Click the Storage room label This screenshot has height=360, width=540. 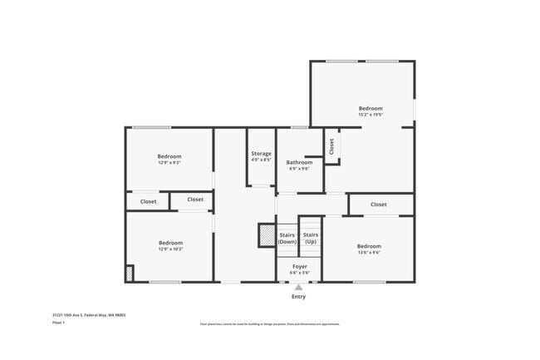[261, 154]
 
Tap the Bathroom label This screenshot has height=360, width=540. [299, 162]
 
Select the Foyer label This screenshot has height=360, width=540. [299, 266]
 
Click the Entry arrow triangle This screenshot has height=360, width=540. [298, 287]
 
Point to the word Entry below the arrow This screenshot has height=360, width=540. [298, 297]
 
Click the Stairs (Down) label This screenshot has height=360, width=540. [287, 238]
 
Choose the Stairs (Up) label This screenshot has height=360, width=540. [310, 238]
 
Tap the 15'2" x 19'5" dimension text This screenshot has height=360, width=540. [371, 115]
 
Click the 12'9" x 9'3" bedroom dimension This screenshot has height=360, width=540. [169, 163]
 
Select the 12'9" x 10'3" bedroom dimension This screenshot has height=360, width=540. [169, 249]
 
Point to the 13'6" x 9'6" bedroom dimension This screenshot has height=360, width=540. [369, 252]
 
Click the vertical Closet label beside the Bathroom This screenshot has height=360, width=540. [331, 146]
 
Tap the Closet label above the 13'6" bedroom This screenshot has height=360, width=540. [378, 205]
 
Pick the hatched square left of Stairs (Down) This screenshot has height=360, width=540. [267, 235]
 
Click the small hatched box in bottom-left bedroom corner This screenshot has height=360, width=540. [129, 274]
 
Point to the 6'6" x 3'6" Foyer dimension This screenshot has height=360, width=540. [299, 273]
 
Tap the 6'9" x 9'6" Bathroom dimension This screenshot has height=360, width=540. [299, 169]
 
